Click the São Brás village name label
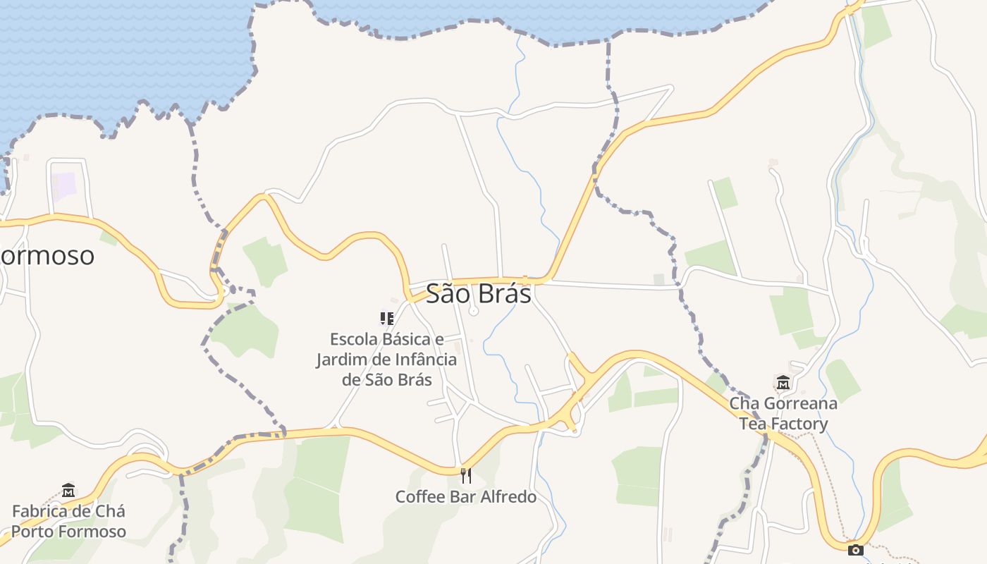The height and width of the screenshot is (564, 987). [478, 293]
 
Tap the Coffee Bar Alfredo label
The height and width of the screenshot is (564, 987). [465, 496]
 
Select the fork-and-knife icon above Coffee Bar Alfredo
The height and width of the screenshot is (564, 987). [465, 476]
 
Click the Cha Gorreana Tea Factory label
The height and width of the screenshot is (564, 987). [783, 413]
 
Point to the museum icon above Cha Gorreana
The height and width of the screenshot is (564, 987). [783, 383]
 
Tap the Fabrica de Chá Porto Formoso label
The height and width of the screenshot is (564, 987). [68, 521]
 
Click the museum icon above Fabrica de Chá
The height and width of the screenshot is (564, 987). [68, 490]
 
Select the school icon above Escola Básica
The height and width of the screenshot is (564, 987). [386, 319]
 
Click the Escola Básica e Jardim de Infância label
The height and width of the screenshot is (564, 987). [386, 359]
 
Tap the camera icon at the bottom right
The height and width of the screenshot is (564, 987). [856, 550]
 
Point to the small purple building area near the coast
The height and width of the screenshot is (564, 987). [64, 185]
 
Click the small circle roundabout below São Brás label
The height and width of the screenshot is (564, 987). [474, 311]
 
